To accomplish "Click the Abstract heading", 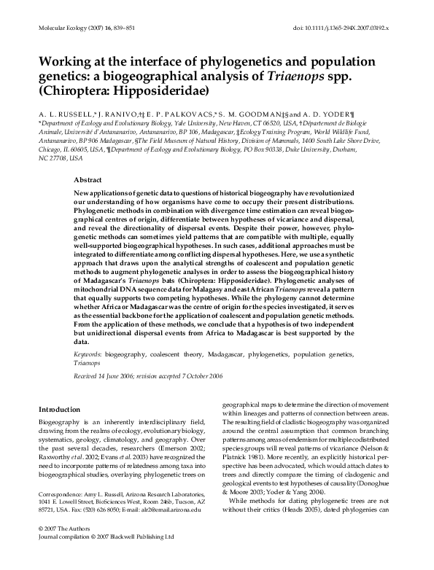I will tap(88, 179).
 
